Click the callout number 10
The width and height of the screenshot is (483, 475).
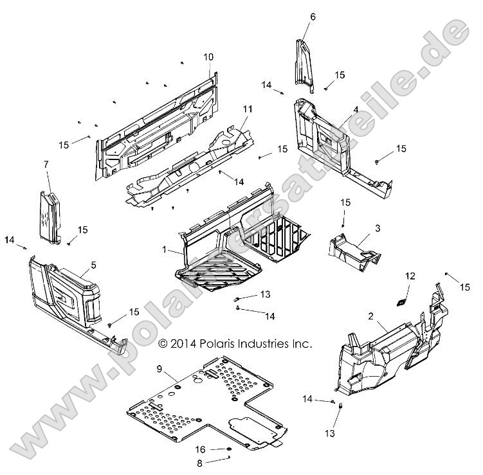point(208,57)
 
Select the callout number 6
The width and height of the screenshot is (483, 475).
point(313,16)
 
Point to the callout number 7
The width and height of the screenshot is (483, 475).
point(46,165)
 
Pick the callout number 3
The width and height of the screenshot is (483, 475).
point(378,228)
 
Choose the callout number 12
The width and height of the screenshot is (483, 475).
point(409,276)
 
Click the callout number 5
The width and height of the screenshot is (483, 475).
point(94,264)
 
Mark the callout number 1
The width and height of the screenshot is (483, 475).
point(165,249)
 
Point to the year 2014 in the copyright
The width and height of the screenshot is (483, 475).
point(183,344)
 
